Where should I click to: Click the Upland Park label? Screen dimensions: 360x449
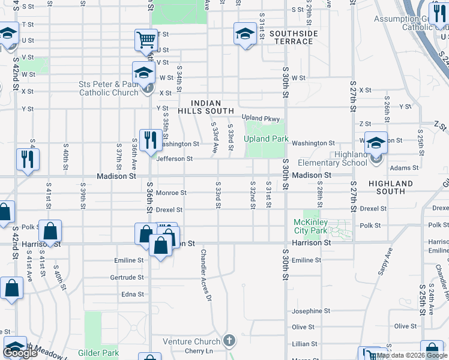[266, 139]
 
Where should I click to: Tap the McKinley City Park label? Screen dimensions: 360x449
[310, 226]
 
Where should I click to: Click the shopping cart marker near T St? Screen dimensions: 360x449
[146, 41]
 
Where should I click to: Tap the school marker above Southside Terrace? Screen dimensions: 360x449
[244, 34]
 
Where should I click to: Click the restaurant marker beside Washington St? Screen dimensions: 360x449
[149, 140]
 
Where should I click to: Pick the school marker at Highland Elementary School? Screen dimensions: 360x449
[376, 143]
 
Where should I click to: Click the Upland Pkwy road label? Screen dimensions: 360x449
[261, 118]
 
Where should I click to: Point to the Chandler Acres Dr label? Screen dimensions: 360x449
[206, 275]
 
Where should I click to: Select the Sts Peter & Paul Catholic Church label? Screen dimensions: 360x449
[109, 89]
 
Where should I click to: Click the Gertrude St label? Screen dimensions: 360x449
[127, 277]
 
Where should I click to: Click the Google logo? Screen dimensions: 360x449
[20, 353]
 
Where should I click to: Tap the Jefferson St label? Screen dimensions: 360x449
[174, 159]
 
